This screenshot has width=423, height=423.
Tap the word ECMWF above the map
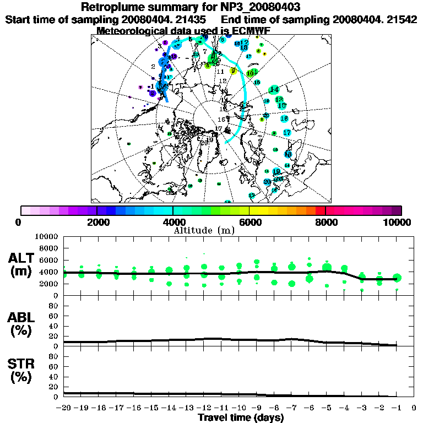tap(249, 31)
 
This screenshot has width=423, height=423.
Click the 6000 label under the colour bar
tap(249, 222)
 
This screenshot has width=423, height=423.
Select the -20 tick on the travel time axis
tap(64, 408)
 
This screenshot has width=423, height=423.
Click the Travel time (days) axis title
tap(241, 418)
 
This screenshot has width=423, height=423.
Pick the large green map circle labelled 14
tap(274, 89)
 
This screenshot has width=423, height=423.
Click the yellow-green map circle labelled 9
tap(233, 70)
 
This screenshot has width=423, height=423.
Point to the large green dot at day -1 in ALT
tap(397, 278)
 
